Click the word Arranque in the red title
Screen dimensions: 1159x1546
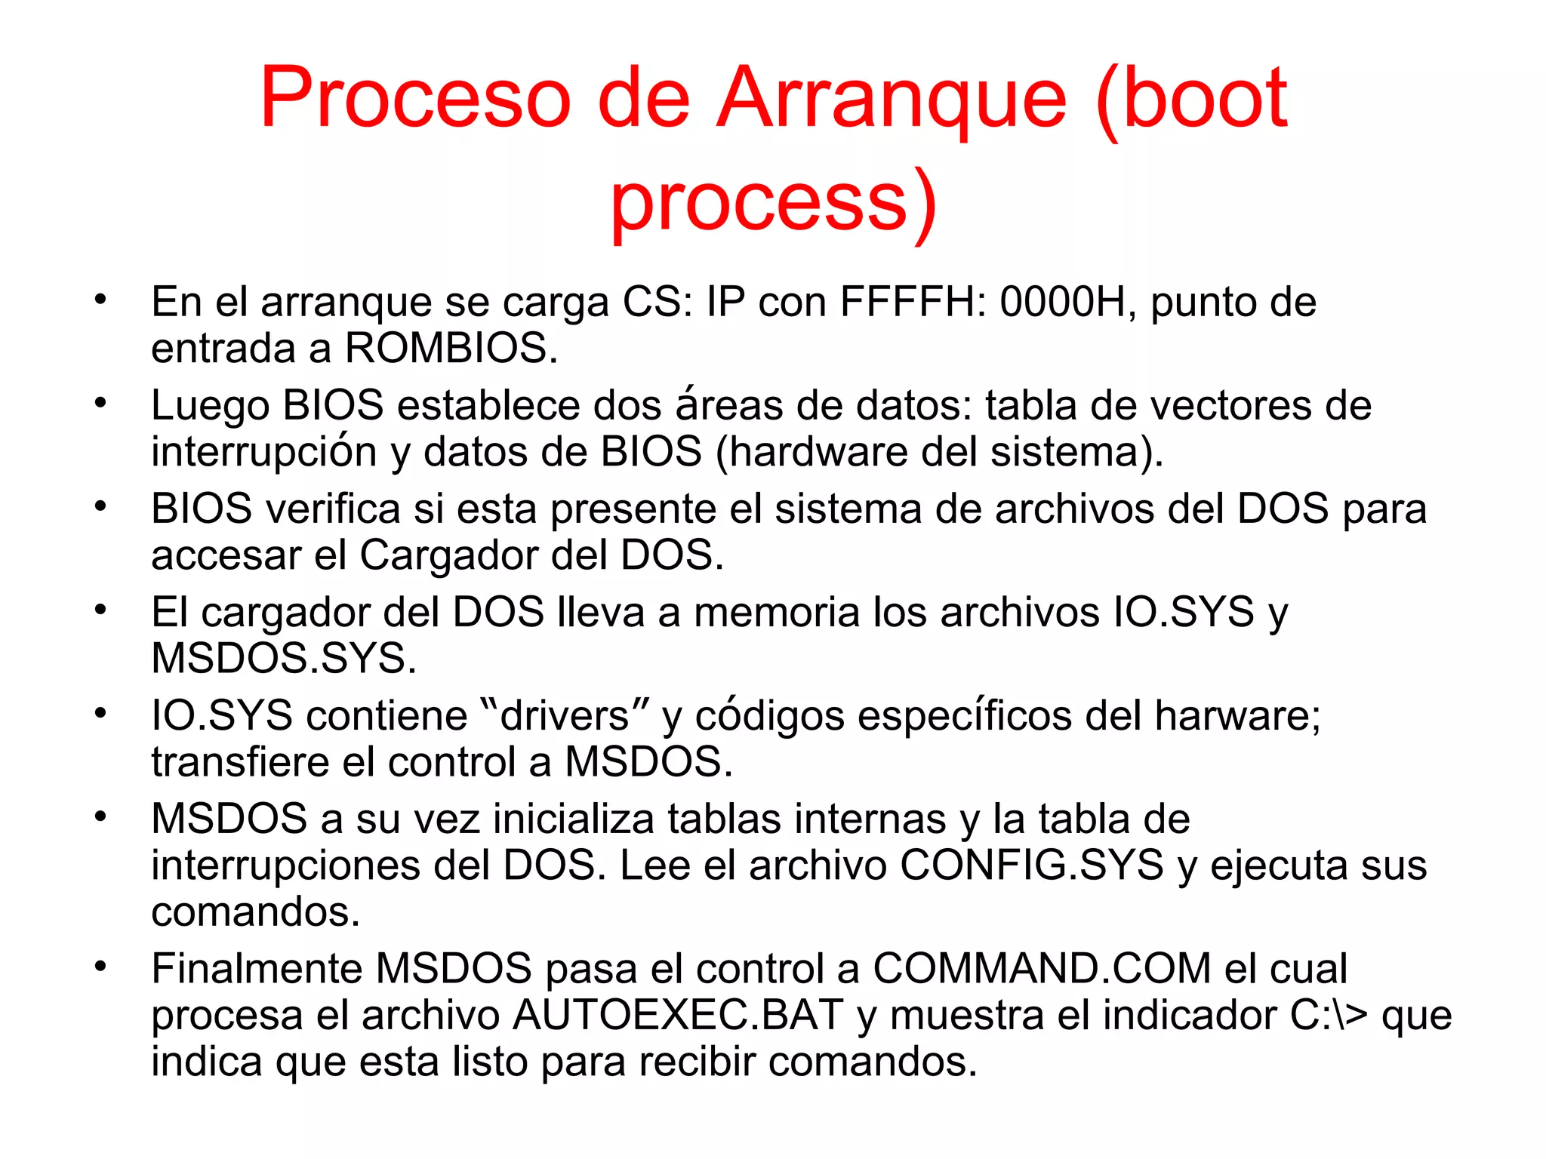891,100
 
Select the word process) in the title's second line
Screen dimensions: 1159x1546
773,202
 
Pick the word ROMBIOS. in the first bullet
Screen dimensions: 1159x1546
451,349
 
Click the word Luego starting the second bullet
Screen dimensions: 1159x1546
210,405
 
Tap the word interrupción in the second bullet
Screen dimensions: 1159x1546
263,451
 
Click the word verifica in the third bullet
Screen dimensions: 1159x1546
333,509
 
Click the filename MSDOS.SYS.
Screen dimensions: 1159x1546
284,658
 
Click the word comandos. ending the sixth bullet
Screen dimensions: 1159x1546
255,912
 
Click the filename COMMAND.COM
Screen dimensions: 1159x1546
1042,968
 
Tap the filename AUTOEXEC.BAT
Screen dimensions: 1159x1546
677,1015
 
